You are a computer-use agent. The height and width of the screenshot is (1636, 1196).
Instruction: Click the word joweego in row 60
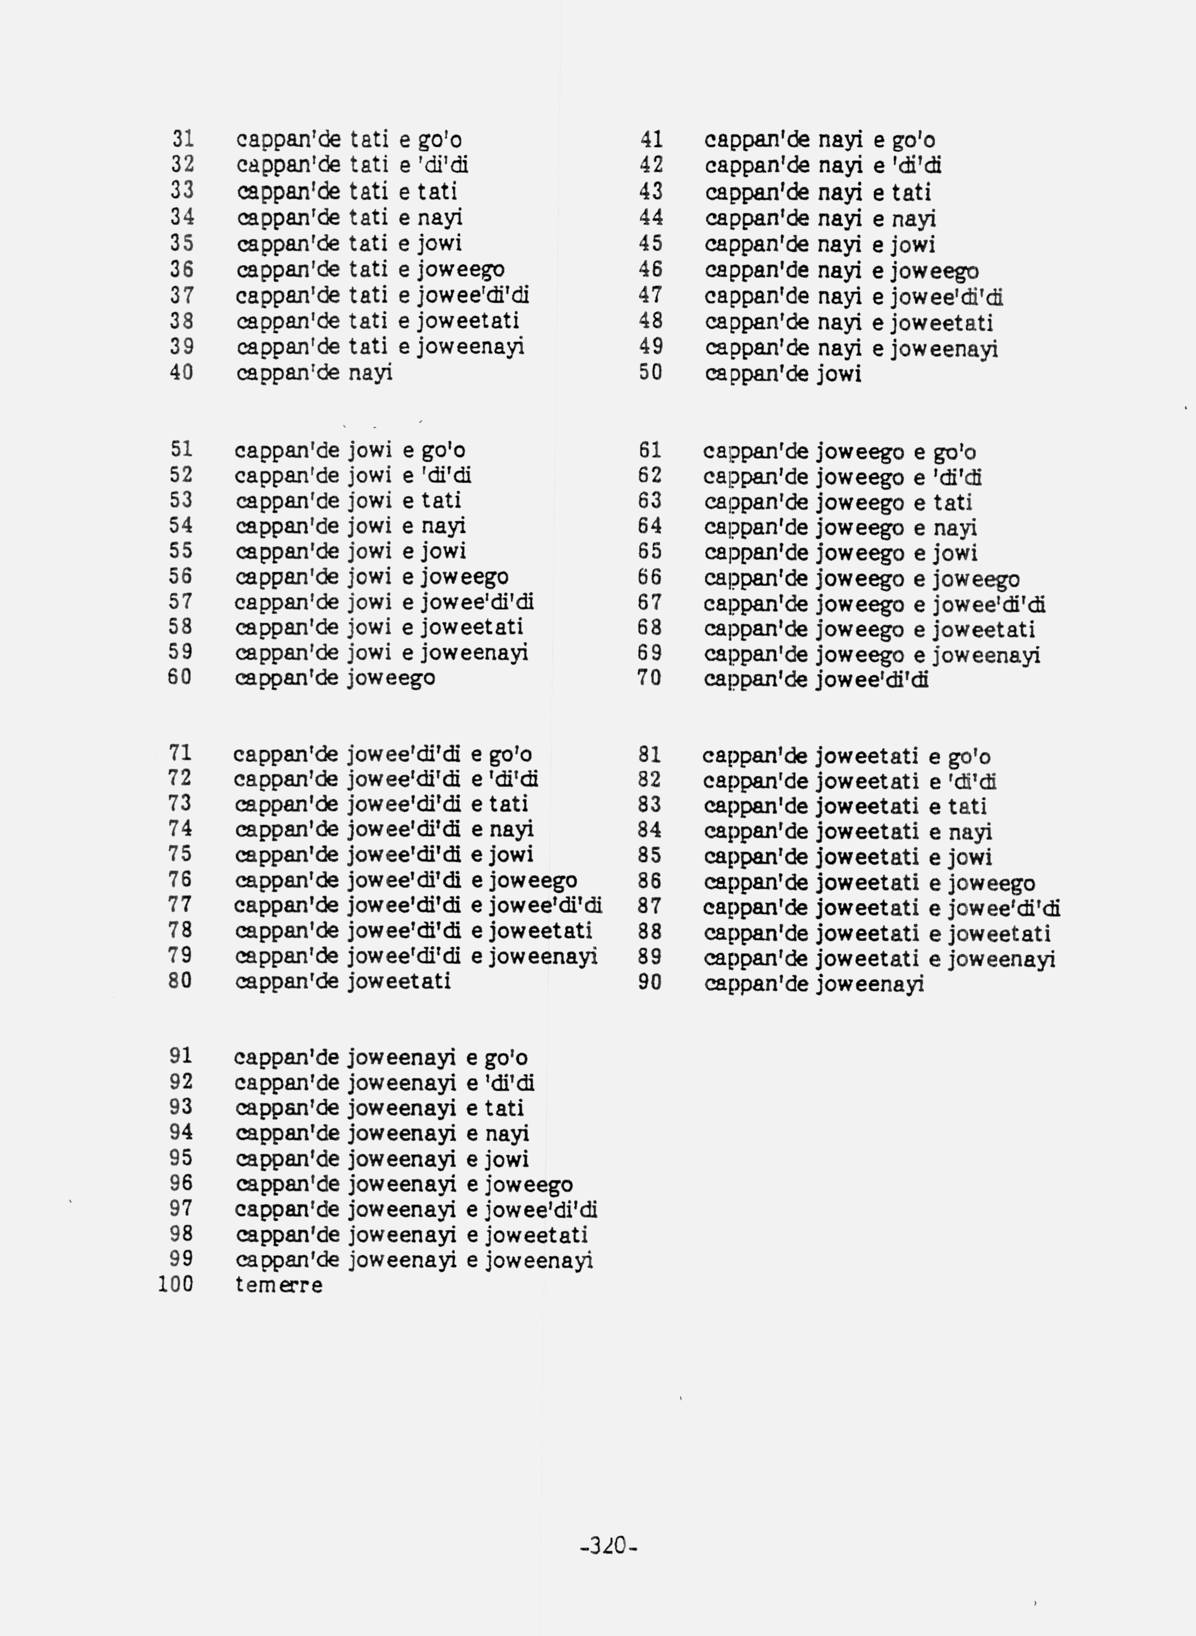[x=391, y=678]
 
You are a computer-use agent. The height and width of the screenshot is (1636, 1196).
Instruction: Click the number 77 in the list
[x=180, y=905]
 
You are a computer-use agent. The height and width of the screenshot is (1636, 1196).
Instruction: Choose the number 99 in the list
[x=181, y=1260]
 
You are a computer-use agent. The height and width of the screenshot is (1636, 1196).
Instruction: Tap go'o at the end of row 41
[x=913, y=140]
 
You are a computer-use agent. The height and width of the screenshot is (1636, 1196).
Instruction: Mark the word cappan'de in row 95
[x=288, y=1159]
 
